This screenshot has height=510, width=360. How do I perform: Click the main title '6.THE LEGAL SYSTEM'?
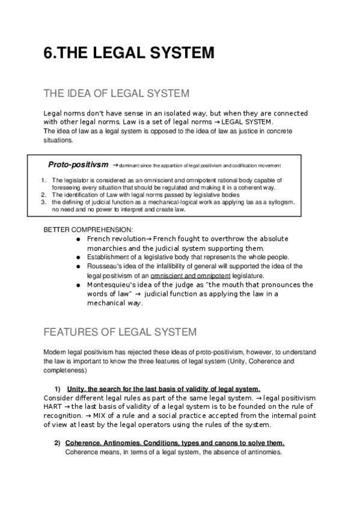(129, 54)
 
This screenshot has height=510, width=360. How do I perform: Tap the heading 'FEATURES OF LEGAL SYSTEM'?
(120, 331)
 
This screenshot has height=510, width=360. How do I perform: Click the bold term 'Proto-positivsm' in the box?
(79, 164)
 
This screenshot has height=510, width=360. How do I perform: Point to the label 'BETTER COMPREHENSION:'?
(81, 230)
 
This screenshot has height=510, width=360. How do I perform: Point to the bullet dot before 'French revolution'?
(79, 239)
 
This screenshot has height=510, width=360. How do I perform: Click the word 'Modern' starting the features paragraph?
(55, 351)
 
